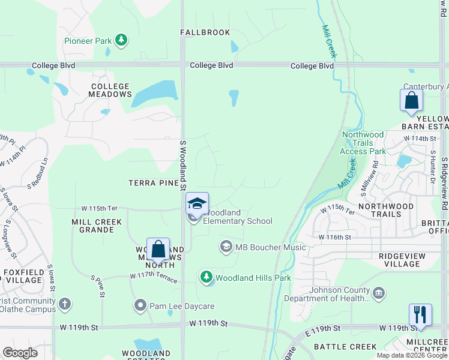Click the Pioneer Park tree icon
[x=121, y=40]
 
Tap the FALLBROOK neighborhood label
[x=205, y=32]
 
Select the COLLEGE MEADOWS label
[x=110, y=91]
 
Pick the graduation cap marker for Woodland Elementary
[x=197, y=204]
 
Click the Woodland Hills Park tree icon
[x=206, y=277]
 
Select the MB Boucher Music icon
[x=226, y=247]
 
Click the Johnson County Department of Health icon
[x=379, y=293]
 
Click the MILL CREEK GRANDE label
[x=97, y=226]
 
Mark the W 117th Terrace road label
[x=154, y=277]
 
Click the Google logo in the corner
[x=20, y=352]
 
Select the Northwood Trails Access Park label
[x=363, y=143]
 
